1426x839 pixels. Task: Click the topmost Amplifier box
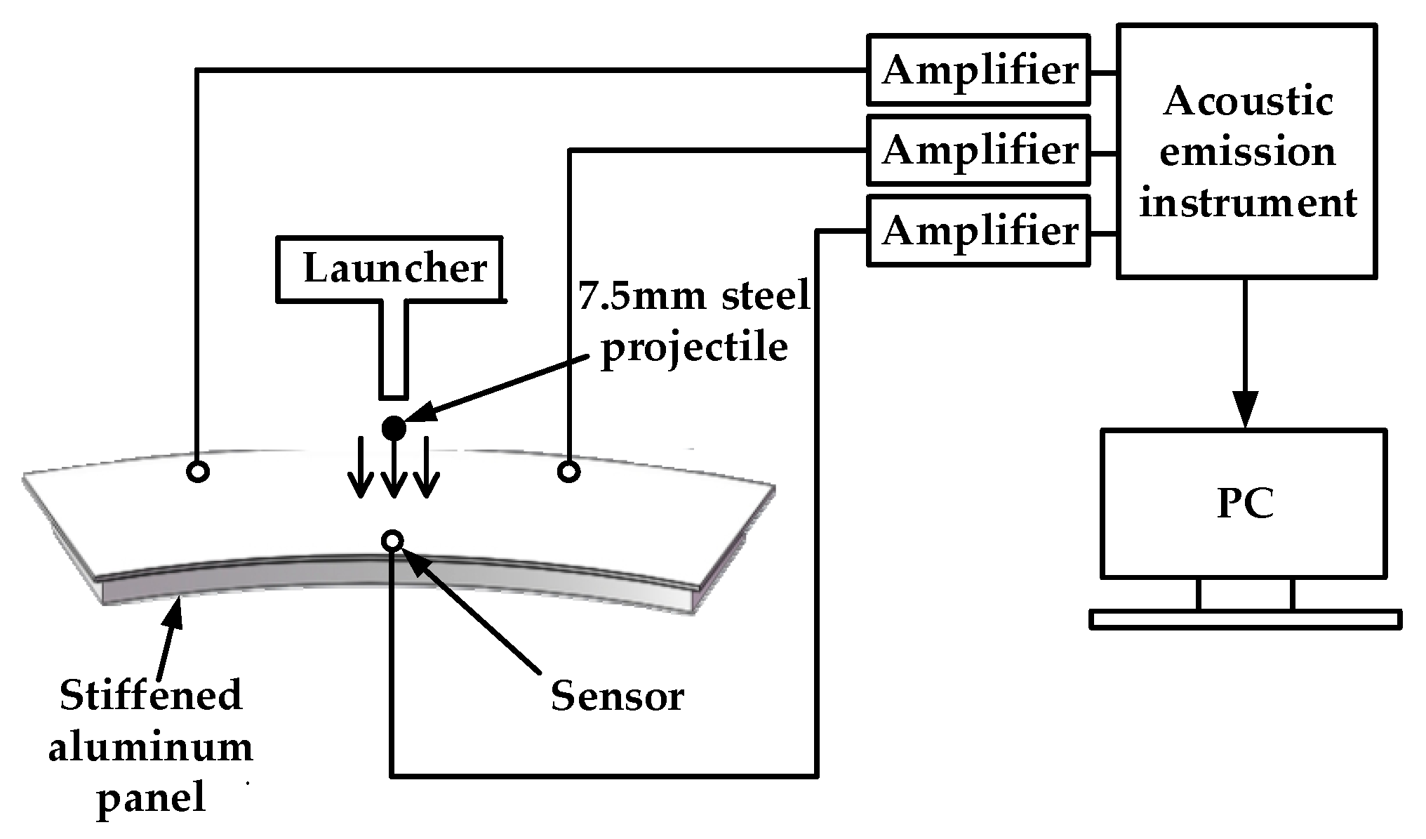point(978,70)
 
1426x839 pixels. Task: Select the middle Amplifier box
point(978,150)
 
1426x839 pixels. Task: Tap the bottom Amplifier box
point(978,231)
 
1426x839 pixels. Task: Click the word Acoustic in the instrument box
point(1247,101)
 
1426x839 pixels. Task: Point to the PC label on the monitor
point(1244,503)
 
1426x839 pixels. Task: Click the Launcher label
point(394,269)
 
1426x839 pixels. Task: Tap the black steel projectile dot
point(394,428)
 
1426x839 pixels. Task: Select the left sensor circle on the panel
point(199,472)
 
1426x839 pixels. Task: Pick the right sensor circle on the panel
point(568,471)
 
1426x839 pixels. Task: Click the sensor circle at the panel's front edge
point(392,541)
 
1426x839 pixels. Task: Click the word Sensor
point(616,696)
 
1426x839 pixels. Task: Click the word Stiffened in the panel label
point(151,695)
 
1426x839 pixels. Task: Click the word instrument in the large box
point(1247,203)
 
